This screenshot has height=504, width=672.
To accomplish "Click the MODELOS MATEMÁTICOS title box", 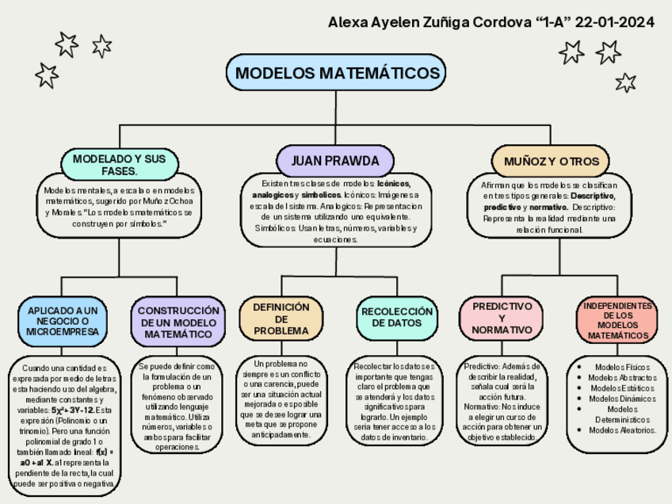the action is [336, 73].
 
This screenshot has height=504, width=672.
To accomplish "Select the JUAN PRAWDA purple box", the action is [335, 161].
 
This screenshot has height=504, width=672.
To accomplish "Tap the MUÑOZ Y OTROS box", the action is [551, 161].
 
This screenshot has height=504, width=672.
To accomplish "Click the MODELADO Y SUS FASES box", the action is [120, 165].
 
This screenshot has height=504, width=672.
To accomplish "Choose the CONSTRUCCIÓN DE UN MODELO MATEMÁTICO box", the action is [178, 323].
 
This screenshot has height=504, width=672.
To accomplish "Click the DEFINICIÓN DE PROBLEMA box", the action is [281, 319].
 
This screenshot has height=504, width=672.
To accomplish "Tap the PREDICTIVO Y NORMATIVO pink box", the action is [502, 318].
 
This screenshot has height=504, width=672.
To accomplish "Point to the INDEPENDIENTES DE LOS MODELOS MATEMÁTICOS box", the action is [617, 320].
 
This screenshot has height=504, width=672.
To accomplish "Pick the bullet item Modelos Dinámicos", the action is [621, 399].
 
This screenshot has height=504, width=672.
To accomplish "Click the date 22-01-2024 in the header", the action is [615, 21].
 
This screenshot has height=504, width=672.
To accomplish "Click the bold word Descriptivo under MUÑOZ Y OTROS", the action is [593, 195].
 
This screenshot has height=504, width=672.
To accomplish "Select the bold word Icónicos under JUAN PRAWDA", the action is [394, 184].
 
